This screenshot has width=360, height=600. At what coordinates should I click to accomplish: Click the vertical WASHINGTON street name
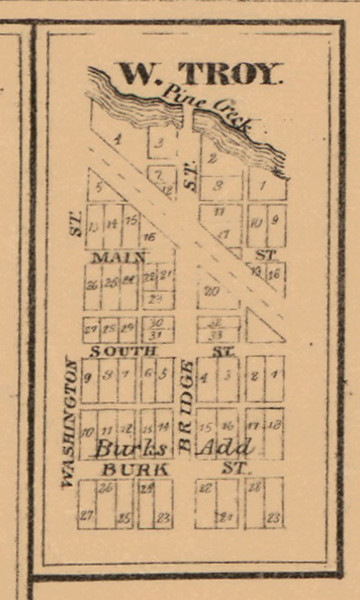coord(70,422)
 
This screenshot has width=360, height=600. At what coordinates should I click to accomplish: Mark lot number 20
coord(211,290)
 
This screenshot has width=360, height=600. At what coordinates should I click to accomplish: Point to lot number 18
coord(274,424)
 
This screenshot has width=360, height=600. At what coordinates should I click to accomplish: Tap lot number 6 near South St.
coord(146,375)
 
